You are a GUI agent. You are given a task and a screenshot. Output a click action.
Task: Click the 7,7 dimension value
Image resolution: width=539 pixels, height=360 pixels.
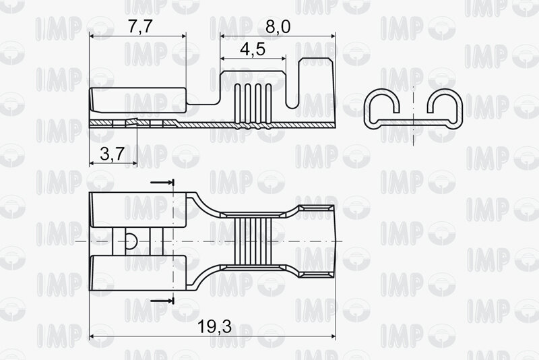pos(140,26)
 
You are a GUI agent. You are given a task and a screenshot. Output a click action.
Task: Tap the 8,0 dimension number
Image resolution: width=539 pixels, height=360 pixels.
pos(278,26)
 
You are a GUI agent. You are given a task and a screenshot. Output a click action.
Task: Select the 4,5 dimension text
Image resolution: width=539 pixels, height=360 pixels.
pos(253,49)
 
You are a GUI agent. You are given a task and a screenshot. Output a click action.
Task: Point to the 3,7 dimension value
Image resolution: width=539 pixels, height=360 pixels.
pos(112,154)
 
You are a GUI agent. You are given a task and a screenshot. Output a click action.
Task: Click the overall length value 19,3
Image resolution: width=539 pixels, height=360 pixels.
pos(214,327)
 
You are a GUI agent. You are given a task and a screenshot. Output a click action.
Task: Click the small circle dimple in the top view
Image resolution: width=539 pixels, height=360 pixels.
pos(131,241)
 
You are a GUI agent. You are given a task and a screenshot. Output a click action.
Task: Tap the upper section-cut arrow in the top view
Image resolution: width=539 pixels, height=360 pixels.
pos(162,182)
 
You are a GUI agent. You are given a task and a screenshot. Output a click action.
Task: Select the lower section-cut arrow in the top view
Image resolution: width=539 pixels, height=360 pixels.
pos(162,301)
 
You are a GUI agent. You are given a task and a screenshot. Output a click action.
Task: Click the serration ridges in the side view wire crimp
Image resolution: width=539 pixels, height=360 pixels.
pos(253,107)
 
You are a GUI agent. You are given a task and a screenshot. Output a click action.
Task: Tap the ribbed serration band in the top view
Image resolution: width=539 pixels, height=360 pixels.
pos(253,241)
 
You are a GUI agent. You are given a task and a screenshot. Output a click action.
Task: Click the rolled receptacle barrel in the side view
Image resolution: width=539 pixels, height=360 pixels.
pos(138,100)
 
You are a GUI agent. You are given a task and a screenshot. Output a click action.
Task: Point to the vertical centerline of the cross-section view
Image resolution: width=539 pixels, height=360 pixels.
pos(414,115)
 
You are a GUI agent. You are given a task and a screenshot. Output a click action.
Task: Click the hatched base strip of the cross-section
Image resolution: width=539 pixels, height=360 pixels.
pos(414,123)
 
